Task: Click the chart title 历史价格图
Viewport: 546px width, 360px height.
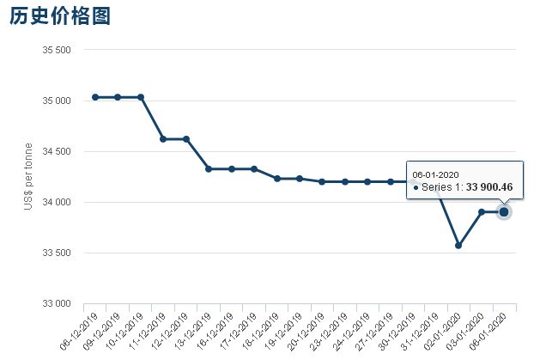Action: tap(60, 15)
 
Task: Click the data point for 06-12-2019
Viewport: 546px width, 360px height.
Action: tap(95, 97)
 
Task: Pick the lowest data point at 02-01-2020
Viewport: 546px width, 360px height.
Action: tap(458, 246)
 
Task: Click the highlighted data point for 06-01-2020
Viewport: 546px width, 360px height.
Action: tap(504, 211)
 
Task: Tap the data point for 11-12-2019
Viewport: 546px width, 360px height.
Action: tap(163, 138)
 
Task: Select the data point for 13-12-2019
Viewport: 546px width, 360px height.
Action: tap(209, 169)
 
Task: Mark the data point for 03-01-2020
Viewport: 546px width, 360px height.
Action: tap(482, 211)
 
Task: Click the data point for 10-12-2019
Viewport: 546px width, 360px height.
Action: tap(141, 97)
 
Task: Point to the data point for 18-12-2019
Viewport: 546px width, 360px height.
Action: tap(277, 179)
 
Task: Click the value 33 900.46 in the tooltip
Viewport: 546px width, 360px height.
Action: tap(489, 187)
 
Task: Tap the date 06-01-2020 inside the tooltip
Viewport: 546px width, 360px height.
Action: tap(436, 174)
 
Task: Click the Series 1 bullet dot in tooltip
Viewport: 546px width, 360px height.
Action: tap(416, 188)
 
